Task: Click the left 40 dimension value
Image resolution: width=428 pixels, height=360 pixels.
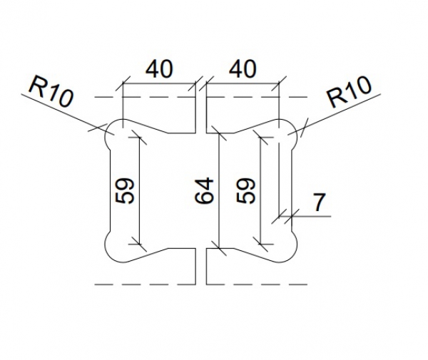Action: coord(159,70)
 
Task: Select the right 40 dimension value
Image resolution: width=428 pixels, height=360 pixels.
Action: coord(243,70)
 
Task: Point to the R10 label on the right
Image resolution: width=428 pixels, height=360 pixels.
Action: coord(350,93)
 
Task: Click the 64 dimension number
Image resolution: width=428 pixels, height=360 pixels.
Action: coord(205,191)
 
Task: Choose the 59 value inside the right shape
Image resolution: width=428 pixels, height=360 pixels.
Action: coord(246,191)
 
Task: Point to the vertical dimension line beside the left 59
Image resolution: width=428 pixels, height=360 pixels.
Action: coord(138,191)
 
